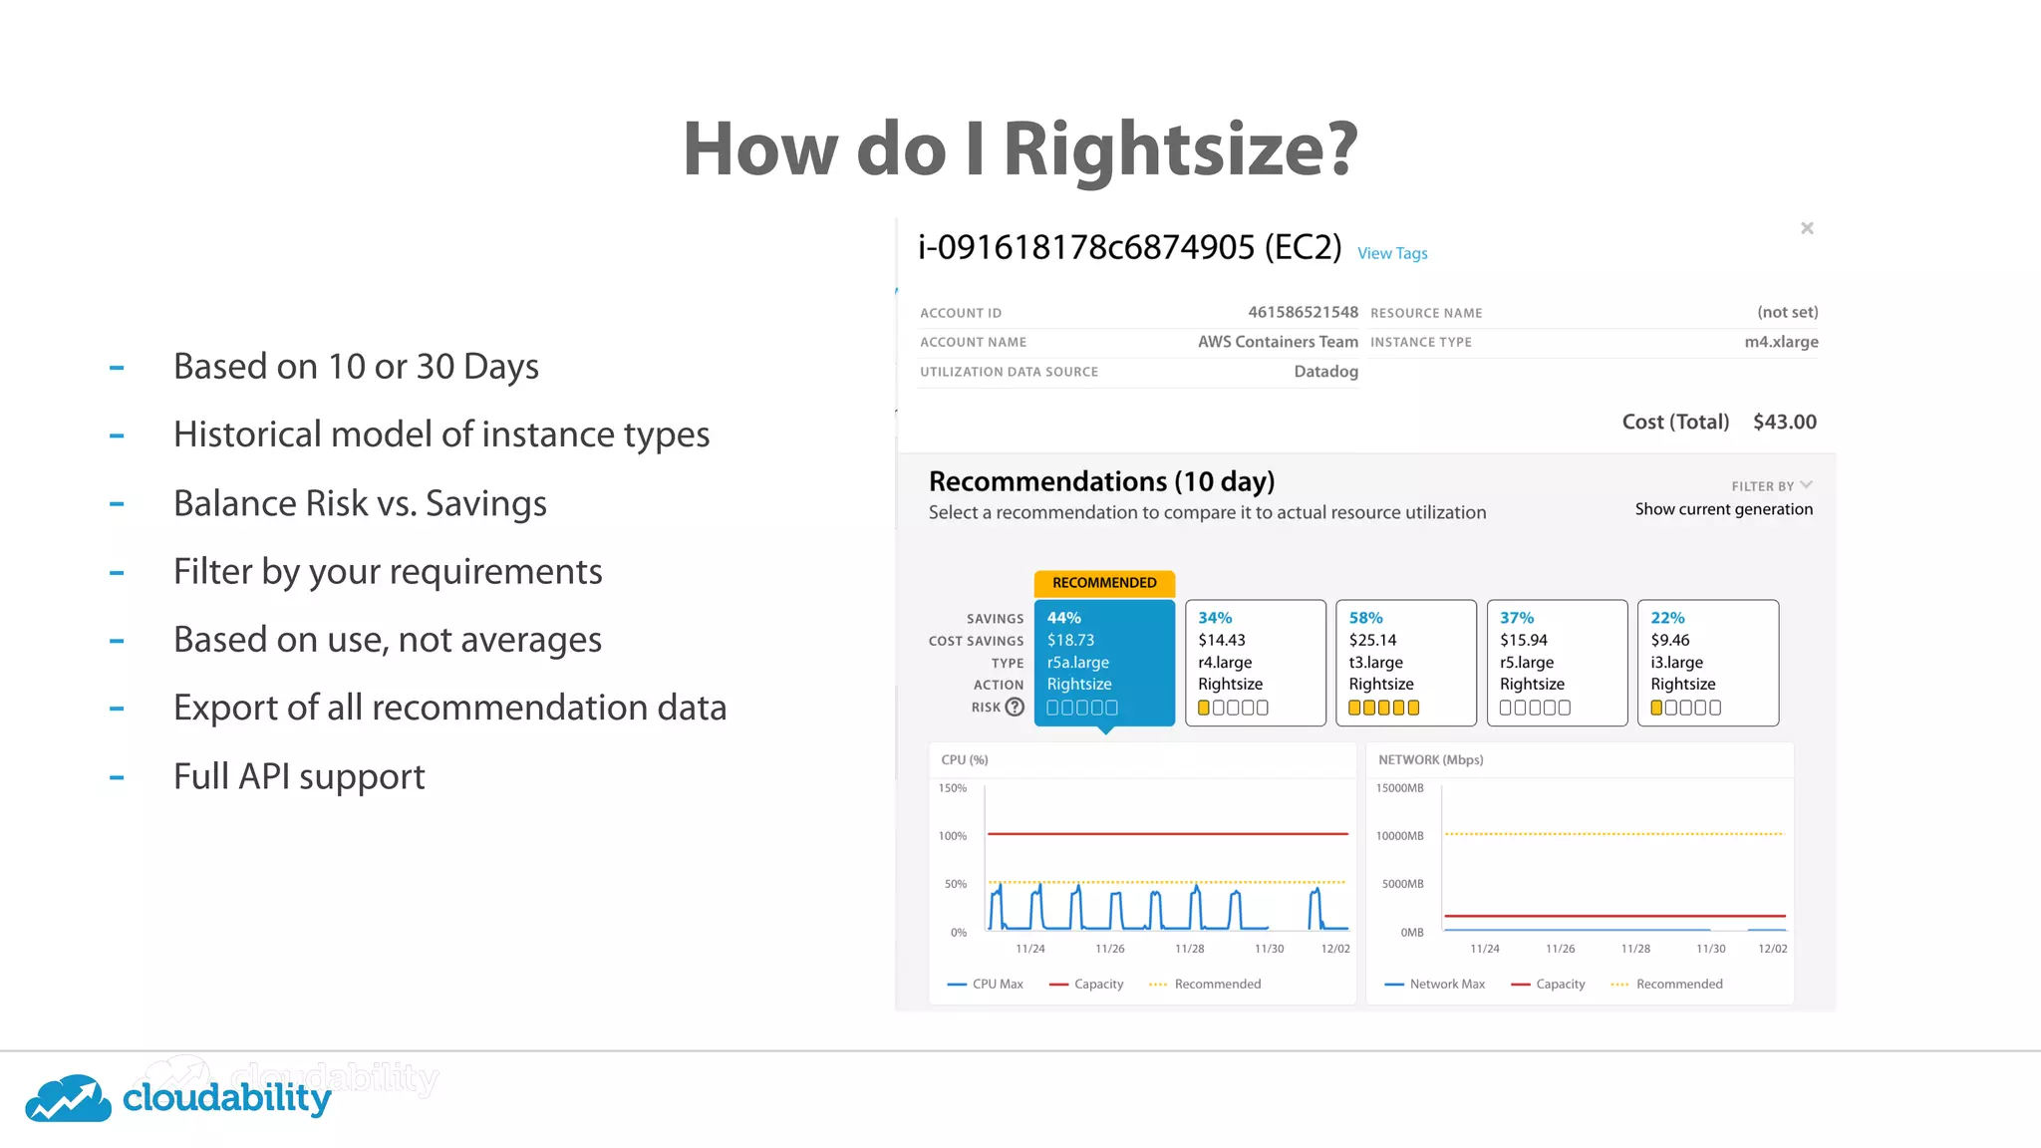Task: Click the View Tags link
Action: point(1392,253)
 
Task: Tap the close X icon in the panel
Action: point(1807,228)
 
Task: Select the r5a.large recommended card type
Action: point(1077,662)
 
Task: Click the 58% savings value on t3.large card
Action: point(1365,618)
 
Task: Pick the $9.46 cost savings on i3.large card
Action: point(1669,640)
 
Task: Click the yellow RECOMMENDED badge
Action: point(1104,583)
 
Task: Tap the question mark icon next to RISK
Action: point(1015,707)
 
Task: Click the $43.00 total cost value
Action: point(1784,422)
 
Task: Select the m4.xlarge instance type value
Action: point(1781,342)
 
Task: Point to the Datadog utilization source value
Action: point(1325,372)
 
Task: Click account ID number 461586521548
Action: point(1303,312)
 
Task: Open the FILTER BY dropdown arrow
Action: point(1806,485)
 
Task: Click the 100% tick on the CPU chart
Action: point(953,836)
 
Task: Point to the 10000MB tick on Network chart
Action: point(1399,836)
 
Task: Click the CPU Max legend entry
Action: point(997,984)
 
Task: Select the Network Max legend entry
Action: point(1446,984)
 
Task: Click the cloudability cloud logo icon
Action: point(68,1098)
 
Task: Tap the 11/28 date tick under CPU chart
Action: point(1189,949)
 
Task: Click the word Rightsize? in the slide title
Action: point(1180,149)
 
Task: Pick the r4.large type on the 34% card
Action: point(1225,662)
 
